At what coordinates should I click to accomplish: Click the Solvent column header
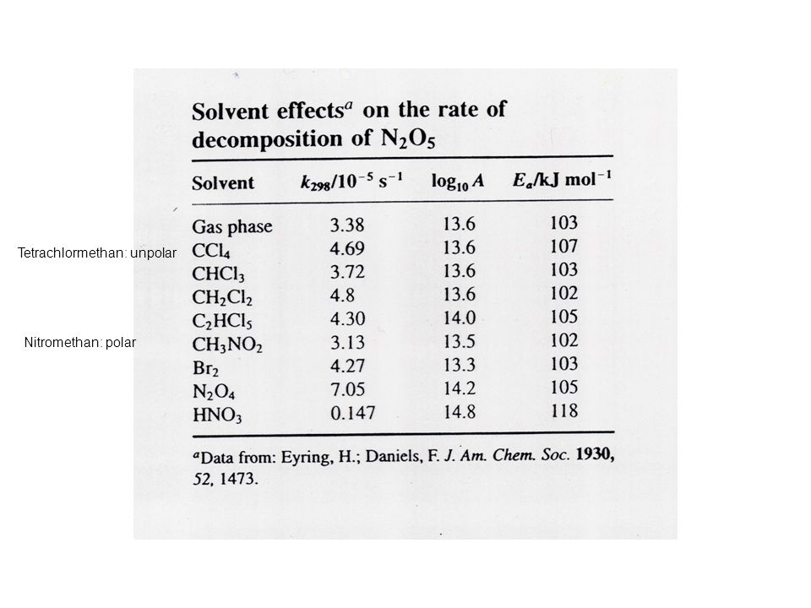point(223,183)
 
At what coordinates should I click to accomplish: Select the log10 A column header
point(458,182)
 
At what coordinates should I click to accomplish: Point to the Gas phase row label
point(232,227)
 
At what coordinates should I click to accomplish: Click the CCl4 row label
point(211,251)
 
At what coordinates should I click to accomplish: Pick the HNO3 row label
point(217,415)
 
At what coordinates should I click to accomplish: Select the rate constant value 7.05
point(347,388)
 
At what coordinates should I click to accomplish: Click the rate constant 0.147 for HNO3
point(353,413)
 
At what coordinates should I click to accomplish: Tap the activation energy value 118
point(563,410)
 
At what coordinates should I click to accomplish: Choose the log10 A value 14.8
point(460,412)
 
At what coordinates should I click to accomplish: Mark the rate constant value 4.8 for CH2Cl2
point(342,296)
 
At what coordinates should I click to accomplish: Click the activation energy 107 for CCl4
point(563,246)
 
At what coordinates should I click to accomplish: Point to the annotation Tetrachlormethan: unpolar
point(97,252)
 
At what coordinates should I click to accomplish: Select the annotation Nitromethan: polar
point(80,342)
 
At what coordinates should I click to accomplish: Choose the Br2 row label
point(205,368)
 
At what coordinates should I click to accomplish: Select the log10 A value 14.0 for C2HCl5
point(460,318)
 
